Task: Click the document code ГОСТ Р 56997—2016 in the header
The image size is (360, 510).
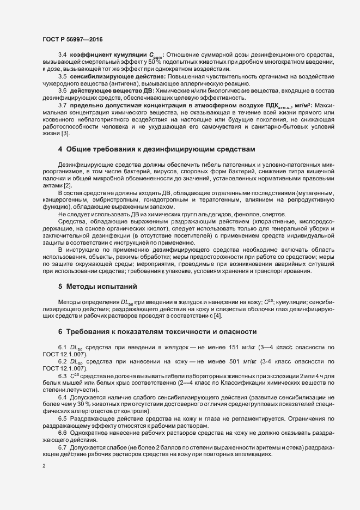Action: [72, 39]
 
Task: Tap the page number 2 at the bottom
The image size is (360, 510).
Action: [44, 466]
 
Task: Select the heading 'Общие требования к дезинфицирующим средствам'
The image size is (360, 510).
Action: [157, 149]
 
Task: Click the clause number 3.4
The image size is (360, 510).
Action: [62, 55]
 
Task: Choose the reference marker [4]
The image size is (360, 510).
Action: [218, 316]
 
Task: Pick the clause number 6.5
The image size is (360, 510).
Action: [62, 417]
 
